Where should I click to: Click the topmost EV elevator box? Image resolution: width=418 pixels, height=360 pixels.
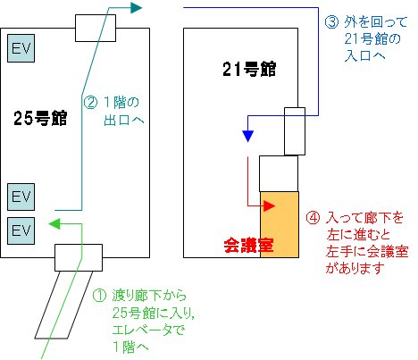[x=21, y=48]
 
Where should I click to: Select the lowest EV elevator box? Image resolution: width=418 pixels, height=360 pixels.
[x=21, y=230]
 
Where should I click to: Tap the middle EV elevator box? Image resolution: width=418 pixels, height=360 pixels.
[x=21, y=197]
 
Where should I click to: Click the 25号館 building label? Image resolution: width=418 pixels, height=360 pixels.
[x=40, y=118]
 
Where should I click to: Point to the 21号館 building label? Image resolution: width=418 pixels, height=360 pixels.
[x=249, y=69]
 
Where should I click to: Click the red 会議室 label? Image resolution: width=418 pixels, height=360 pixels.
[x=248, y=245]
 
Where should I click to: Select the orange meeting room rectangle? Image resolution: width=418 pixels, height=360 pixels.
[x=280, y=224]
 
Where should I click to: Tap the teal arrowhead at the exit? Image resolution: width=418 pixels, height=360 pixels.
[x=136, y=7]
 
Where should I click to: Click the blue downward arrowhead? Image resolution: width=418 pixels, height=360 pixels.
[x=247, y=137]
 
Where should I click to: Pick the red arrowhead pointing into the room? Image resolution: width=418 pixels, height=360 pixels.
[x=269, y=205]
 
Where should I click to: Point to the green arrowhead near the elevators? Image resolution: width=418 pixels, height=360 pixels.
[x=54, y=224]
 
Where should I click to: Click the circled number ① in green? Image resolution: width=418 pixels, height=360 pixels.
[x=99, y=296]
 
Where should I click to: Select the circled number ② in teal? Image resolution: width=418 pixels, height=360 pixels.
[x=90, y=103]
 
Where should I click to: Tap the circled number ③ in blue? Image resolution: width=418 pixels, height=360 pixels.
[x=331, y=22]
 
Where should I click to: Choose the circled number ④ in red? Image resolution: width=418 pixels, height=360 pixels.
[x=313, y=218]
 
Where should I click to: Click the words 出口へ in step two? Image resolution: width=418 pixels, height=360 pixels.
[x=124, y=120]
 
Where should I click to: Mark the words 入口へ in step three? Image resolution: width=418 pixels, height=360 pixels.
[x=364, y=55]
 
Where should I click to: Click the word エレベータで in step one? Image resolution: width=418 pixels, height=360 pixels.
[x=148, y=330]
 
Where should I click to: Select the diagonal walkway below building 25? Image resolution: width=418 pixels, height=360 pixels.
[x=63, y=305]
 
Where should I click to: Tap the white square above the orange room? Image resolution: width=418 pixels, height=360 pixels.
[x=279, y=173]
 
